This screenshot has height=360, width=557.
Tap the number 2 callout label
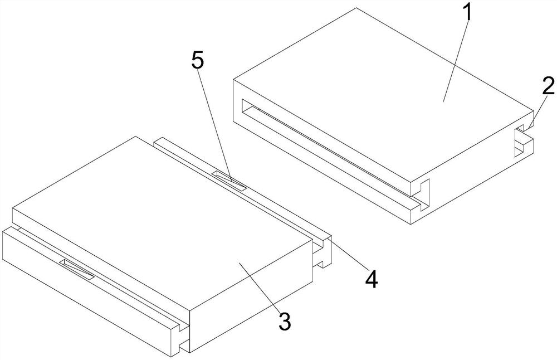pyautogui.click(x=548, y=85)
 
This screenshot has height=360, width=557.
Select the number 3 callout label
pyautogui.click(x=285, y=321)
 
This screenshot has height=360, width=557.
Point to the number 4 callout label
pyautogui.click(x=372, y=279)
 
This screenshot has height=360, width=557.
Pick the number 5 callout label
pyautogui.click(x=198, y=61)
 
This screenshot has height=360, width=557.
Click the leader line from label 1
pyautogui.click(x=456, y=61)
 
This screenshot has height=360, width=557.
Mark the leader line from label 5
pyautogui.click(x=214, y=125)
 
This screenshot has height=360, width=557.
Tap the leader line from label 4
pyautogui.click(x=348, y=255)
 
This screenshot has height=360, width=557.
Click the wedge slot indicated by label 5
pyautogui.click(x=229, y=181)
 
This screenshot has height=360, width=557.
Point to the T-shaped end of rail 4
pyautogui.click(x=323, y=251)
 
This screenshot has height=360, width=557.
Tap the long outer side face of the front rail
pyautogui.click(x=89, y=292)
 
